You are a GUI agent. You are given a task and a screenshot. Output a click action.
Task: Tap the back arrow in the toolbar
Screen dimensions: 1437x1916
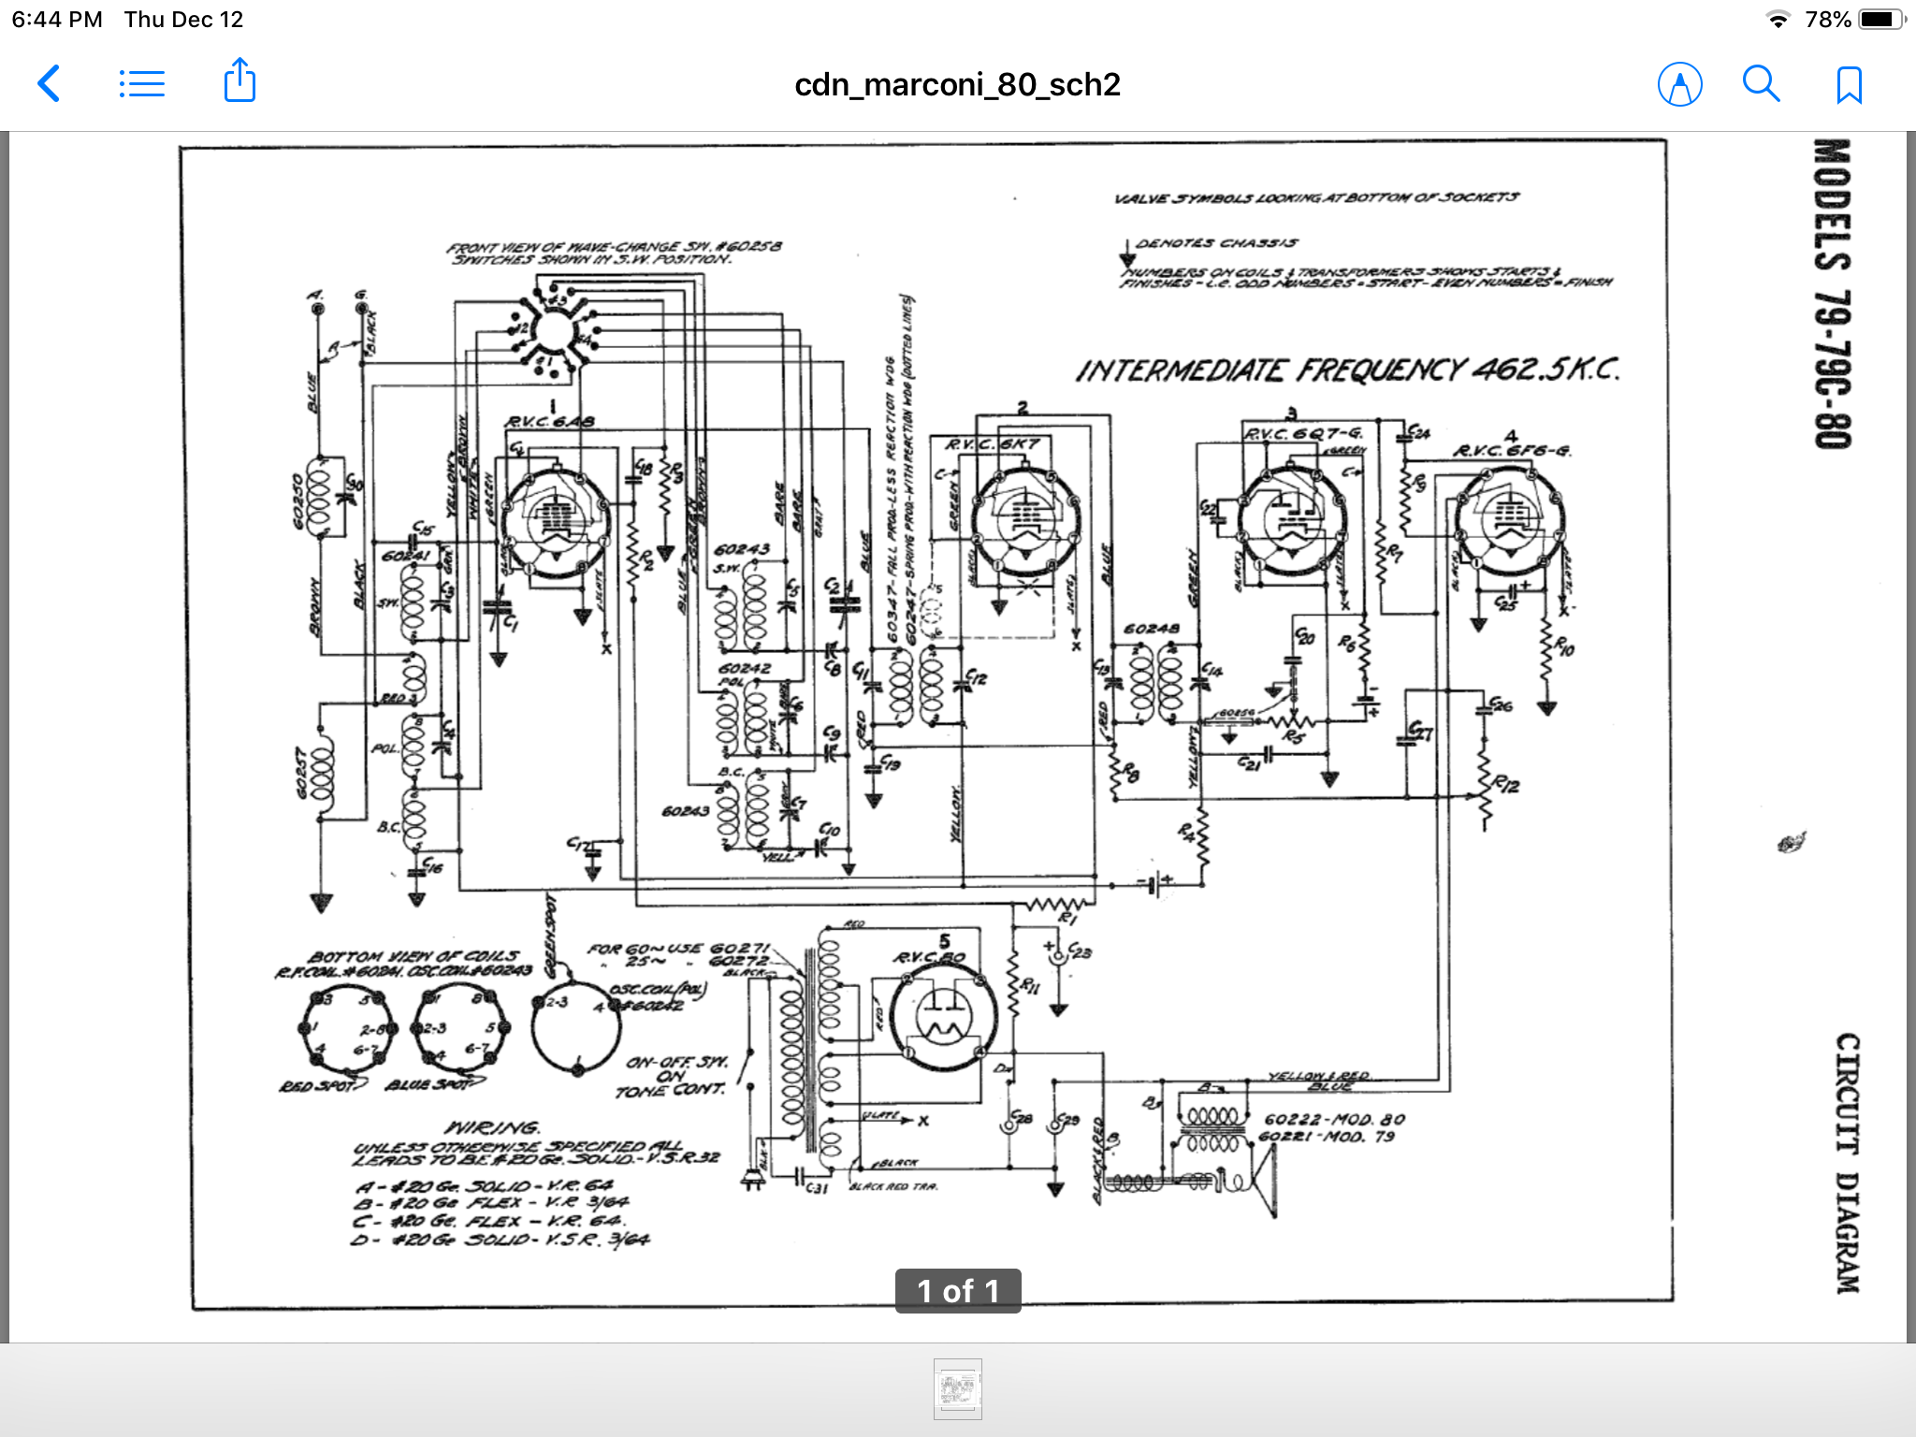[x=49, y=84]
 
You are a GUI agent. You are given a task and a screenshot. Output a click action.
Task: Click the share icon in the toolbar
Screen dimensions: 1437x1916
[x=239, y=81]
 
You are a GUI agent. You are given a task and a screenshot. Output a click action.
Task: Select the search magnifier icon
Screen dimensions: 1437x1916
[x=1761, y=84]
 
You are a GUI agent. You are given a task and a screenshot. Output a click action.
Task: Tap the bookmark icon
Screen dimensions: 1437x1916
[x=1849, y=85]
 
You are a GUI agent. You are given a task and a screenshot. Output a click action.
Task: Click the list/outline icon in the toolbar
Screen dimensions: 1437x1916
[x=142, y=84]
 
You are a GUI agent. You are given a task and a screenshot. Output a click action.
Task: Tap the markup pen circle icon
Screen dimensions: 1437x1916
[x=1679, y=85]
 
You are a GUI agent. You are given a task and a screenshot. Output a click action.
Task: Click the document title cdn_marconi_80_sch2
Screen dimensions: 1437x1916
[x=957, y=85]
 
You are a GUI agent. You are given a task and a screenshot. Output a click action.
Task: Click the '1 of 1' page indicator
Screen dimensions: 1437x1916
[x=957, y=1291]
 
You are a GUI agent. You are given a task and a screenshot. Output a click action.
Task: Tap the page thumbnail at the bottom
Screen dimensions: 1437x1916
[x=957, y=1388]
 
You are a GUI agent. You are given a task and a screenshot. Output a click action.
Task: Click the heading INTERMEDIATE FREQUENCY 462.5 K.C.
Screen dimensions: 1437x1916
[x=1347, y=370]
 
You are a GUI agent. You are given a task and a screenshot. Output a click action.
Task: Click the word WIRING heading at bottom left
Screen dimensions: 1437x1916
[x=493, y=1127]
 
